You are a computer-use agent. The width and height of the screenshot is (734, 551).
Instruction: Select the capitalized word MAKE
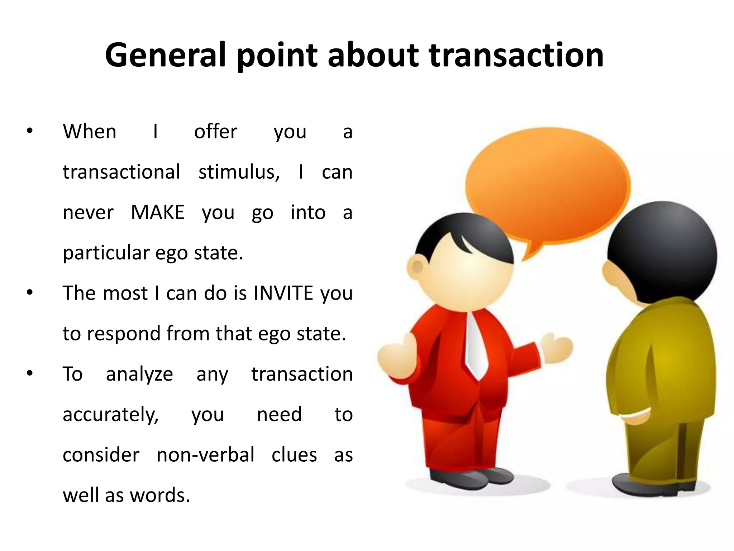(x=157, y=212)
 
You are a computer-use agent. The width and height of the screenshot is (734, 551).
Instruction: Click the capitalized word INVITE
(x=283, y=293)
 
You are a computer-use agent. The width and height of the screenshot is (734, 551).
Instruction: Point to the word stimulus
(x=239, y=172)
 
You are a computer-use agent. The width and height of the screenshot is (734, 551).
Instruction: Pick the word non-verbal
(x=205, y=455)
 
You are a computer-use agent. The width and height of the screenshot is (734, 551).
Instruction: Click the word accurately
(x=110, y=415)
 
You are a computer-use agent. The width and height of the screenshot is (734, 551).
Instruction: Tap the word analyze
(x=139, y=374)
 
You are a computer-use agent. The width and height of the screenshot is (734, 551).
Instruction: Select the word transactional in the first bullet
(x=121, y=172)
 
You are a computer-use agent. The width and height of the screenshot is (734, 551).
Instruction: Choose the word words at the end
(x=159, y=495)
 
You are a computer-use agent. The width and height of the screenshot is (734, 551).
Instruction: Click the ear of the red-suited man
(x=417, y=267)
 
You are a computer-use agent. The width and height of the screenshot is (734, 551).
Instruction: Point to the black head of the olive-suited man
(x=663, y=251)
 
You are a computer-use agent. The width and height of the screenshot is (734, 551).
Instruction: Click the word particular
(x=106, y=253)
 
